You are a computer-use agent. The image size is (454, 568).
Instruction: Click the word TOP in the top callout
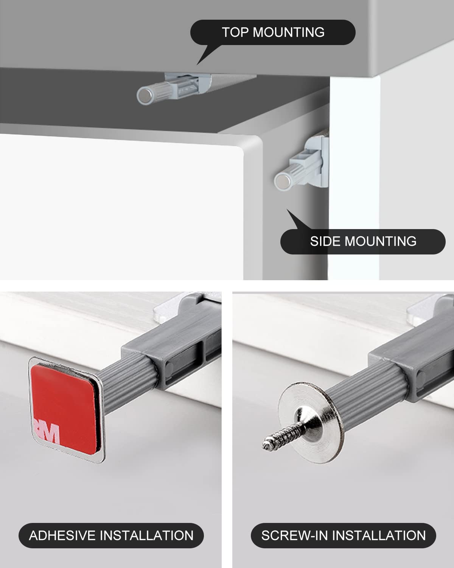point(235,32)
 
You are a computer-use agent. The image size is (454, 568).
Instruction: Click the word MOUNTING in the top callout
point(289,32)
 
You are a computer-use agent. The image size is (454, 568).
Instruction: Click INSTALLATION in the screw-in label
point(379,535)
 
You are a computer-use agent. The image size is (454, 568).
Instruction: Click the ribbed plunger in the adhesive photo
point(125,382)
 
